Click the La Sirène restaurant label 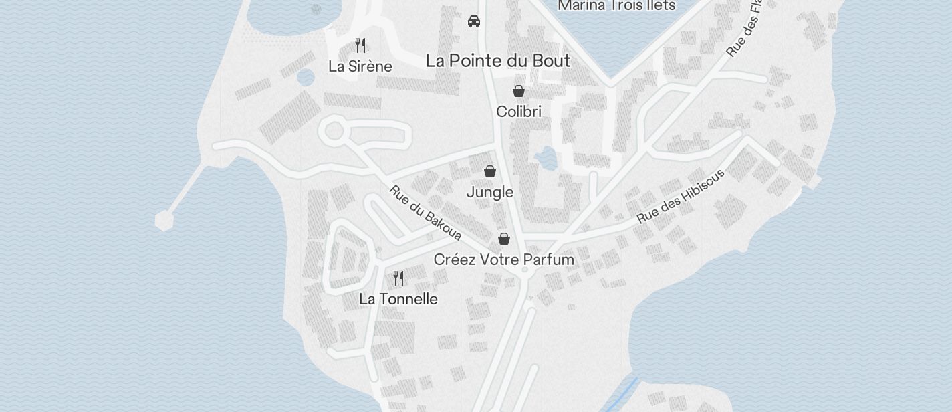360,66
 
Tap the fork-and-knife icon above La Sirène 360,45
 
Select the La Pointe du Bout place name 497,61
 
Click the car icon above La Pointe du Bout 474,21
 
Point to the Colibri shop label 518,112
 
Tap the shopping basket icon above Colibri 518,91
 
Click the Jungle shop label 489,193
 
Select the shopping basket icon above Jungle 490,172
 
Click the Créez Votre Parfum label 503,260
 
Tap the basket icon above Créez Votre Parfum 504,239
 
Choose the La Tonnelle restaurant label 398,299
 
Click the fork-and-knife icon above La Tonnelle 398,278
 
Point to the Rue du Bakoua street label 425,213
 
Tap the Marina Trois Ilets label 616,6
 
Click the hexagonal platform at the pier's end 164,220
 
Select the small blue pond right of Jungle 546,159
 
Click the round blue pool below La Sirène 306,77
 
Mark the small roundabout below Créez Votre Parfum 525,270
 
